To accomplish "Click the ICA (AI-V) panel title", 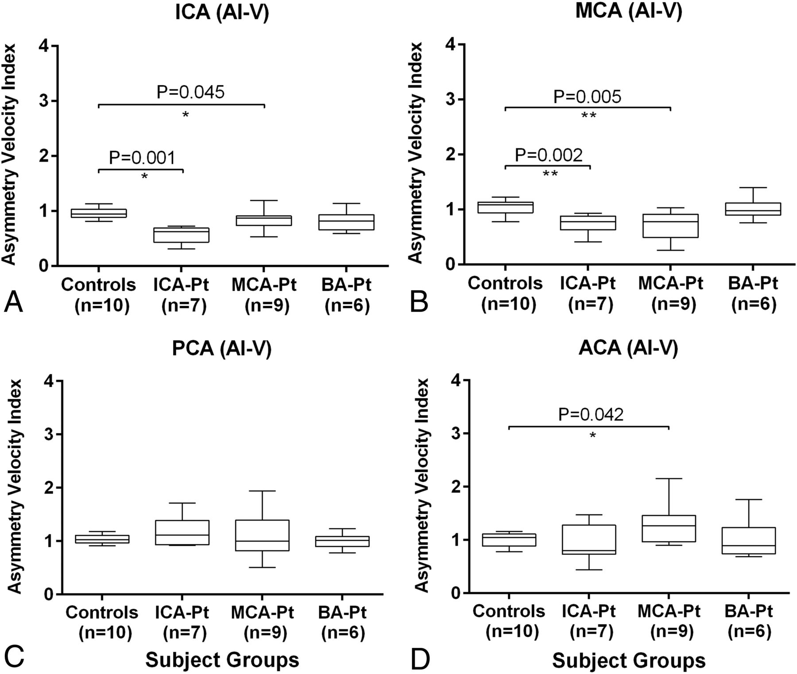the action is pos(222,12).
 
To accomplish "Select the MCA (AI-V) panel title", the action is pos(629,11).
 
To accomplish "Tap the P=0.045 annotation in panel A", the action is pos(190,92).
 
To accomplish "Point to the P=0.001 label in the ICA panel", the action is pos(142,158).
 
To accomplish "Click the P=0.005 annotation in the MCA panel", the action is pos(588,96).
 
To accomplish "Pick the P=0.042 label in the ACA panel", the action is pos(591,415).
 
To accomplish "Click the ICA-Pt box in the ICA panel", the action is pos(181,235).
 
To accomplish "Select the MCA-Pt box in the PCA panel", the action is pos(263,535).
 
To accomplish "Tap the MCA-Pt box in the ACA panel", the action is pos(669,528).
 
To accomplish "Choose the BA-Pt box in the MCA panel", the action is pos(753,209).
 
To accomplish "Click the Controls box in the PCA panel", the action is pos(102,539).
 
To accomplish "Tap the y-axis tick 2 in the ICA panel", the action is pos(43,156).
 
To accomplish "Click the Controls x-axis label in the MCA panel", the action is pos(505,293).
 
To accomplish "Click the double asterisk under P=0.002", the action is pos(550,173).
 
